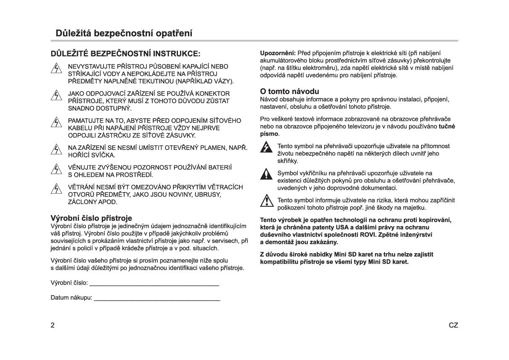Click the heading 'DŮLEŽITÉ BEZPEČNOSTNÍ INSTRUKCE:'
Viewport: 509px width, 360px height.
point(126,54)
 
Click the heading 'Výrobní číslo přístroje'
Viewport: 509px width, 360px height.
point(91,218)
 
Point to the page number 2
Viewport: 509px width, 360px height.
point(53,325)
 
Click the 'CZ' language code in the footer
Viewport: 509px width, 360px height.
point(453,325)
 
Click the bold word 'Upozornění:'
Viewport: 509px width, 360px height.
point(278,53)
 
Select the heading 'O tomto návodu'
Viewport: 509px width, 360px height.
point(290,91)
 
